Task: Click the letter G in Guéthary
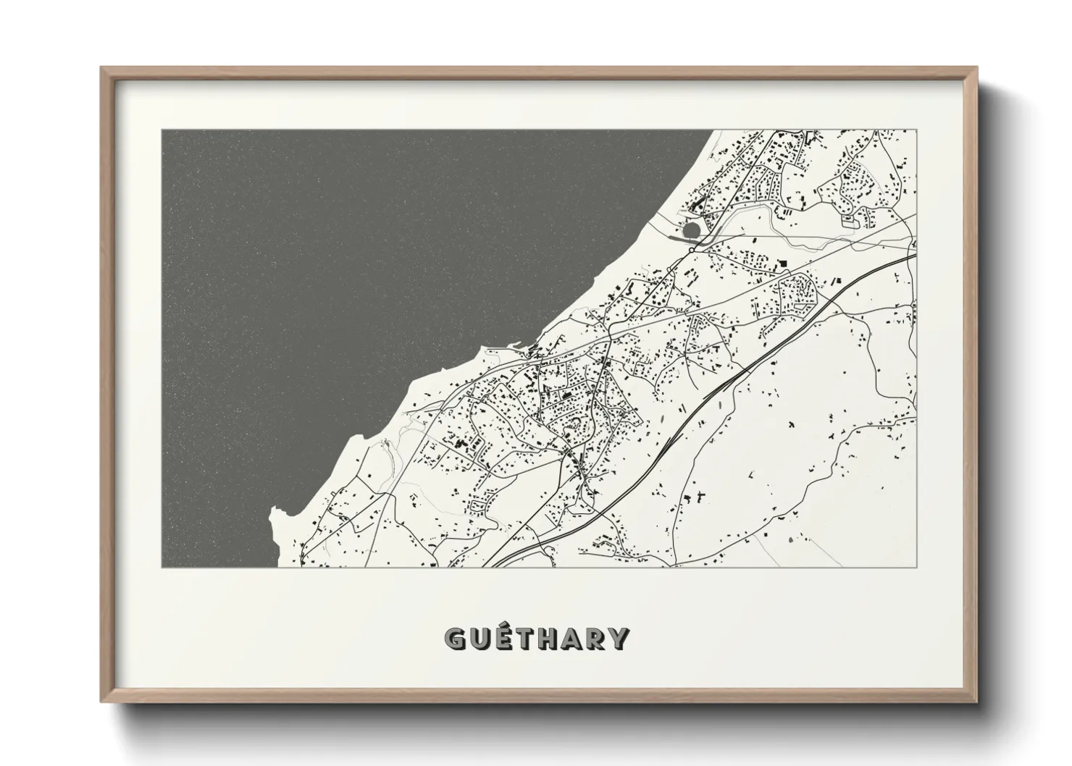[x=456, y=638]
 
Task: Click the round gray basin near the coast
[x=692, y=230]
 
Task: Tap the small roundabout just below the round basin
[x=692, y=250]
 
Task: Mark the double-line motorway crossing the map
[x=724, y=376]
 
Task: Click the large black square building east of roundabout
[x=783, y=265]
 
